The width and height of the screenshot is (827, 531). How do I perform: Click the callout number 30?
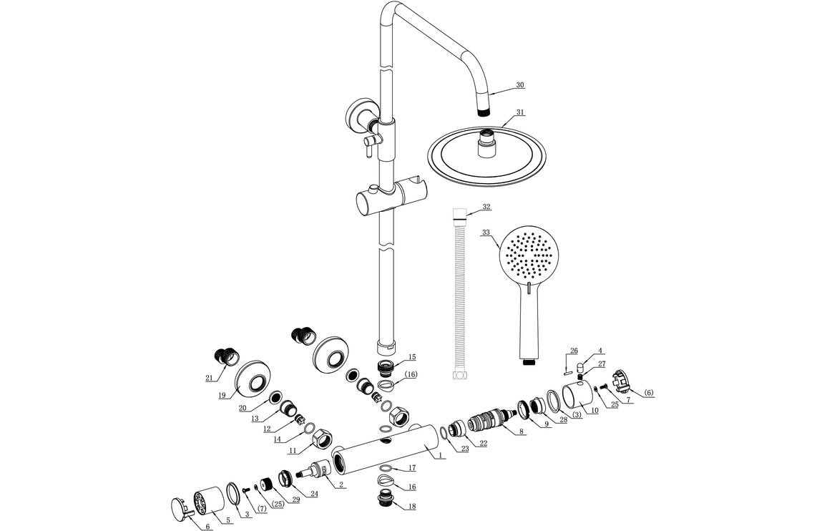coord(520,84)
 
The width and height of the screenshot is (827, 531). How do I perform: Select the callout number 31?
coord(520,112)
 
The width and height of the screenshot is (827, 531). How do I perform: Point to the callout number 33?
coord(486,233)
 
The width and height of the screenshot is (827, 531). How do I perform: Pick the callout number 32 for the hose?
coord(486,207)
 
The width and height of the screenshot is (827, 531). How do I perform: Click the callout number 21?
coord(210,378)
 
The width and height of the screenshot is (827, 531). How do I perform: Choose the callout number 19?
coord(222,394)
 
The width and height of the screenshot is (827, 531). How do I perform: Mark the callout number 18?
coord(411,506)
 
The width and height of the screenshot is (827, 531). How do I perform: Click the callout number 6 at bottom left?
coord(208,527)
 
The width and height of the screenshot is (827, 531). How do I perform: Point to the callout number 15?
coord(411,356)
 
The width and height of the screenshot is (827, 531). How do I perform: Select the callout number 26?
coord(573,351)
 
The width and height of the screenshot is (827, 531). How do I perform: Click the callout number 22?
coord(484,443)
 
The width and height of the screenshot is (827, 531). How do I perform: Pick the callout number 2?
coord(342,484)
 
